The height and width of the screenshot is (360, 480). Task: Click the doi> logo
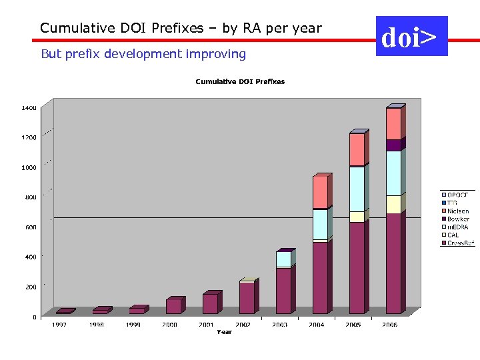tap(411, 37)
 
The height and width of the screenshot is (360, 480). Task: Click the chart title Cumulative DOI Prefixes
tap(239, 81)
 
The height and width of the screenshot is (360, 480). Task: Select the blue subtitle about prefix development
tap(143, 54)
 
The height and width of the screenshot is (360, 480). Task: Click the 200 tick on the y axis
tap(30, 287)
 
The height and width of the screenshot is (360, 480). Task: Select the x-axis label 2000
tap(169, 325)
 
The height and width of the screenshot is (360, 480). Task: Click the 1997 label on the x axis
tap(60, 325)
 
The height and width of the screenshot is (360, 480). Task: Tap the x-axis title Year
tap(224, 332)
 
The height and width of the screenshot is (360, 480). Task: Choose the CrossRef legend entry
tap(460, 243)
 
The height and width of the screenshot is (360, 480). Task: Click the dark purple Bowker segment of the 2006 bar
tap(393, 145)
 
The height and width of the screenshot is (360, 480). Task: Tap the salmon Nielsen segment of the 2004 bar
tap(320, 192)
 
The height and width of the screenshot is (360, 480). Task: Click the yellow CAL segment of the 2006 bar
tap(393, 205)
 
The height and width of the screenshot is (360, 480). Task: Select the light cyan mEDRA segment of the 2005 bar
tap(357, 189)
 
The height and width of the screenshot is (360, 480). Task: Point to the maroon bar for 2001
tap(210, 304)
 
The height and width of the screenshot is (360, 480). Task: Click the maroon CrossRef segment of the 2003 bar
tap(283, 291)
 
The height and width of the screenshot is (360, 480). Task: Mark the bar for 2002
tap(247, 297)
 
